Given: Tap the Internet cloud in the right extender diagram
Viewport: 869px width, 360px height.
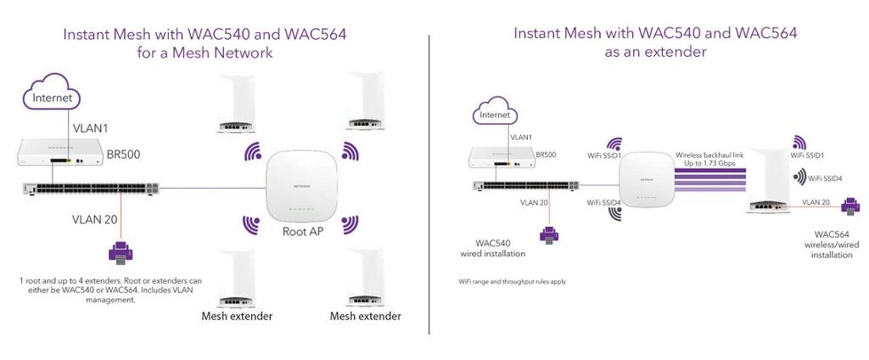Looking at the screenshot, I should click(495, 114).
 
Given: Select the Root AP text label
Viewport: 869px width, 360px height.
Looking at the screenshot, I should click(302, 230).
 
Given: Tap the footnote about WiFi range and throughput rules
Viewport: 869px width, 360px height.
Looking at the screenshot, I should click(512, 280).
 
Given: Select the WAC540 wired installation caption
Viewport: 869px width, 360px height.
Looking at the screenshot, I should click(492, 247).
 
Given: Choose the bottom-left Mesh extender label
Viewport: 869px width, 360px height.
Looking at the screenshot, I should click(237, 317).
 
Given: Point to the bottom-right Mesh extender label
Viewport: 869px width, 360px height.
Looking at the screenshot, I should click(365, 317).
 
